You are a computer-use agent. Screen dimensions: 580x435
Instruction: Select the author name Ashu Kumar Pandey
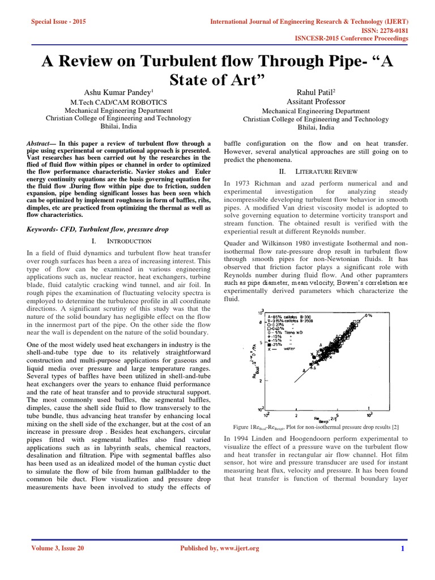tap(117, 92)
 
